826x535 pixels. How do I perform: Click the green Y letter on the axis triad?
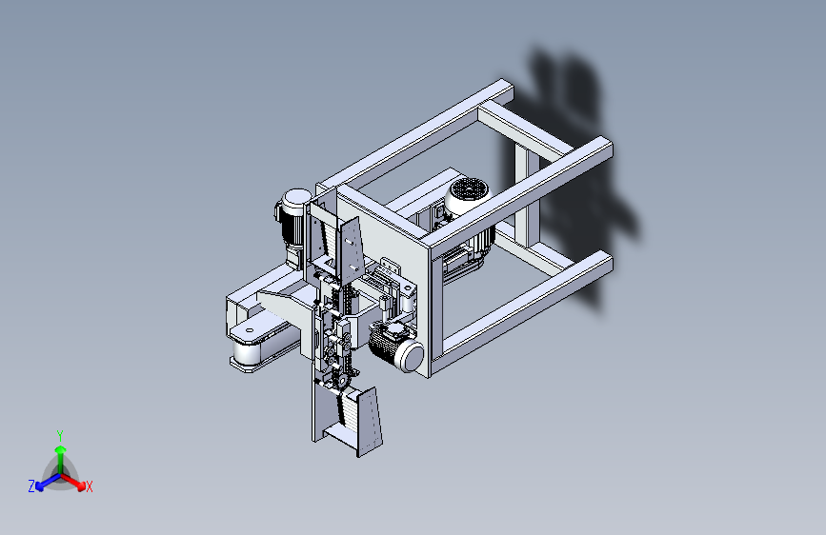pyautogui.click(x=59, y=434)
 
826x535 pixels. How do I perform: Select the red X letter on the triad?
pyautogui.click(x=90, y=487)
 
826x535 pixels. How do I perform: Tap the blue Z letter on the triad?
pyautogui.click(x=31, y=486)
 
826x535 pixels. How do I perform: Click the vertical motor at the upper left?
pyautogui.click(x=293, y=221)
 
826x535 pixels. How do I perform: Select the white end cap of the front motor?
pyautogui.click(x=411, y=356)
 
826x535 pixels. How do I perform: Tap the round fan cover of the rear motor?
pyautogui.click(x=466, y=189)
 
